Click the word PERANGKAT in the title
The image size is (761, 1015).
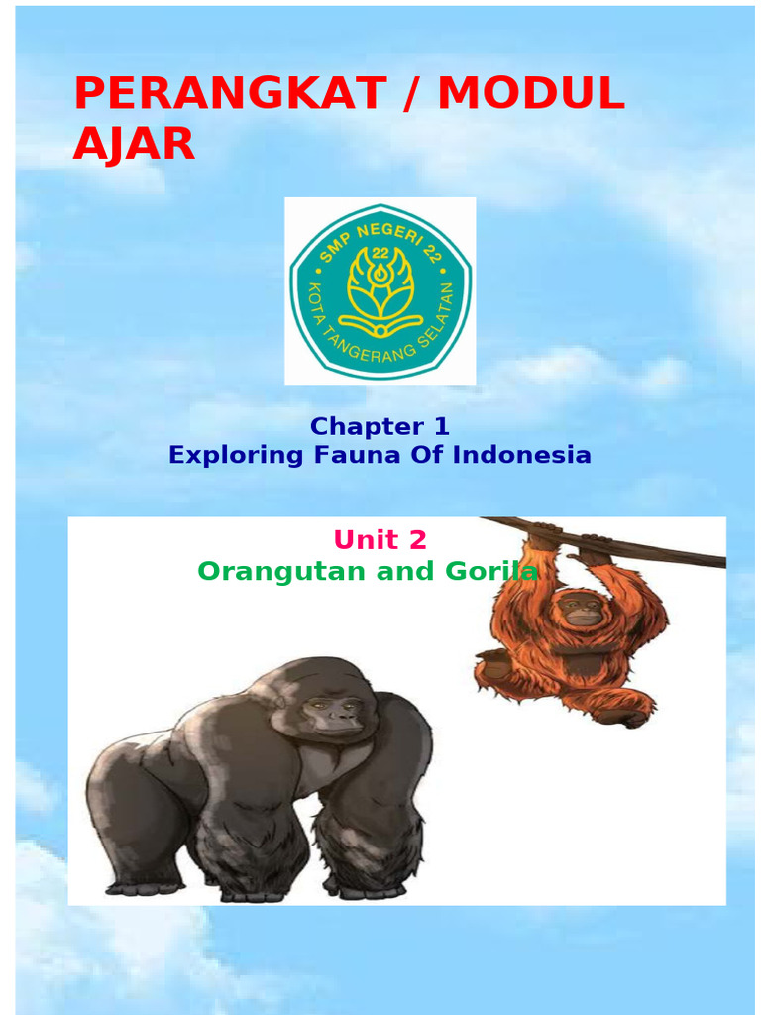point(229,94)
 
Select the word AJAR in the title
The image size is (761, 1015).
point(134,145)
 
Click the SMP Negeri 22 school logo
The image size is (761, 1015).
point(380,290)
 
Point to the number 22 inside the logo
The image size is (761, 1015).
point(380,253)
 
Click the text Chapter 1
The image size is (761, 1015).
point(380,427)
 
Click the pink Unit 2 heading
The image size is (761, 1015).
point(380,540)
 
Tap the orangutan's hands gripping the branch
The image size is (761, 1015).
point(544,532)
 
